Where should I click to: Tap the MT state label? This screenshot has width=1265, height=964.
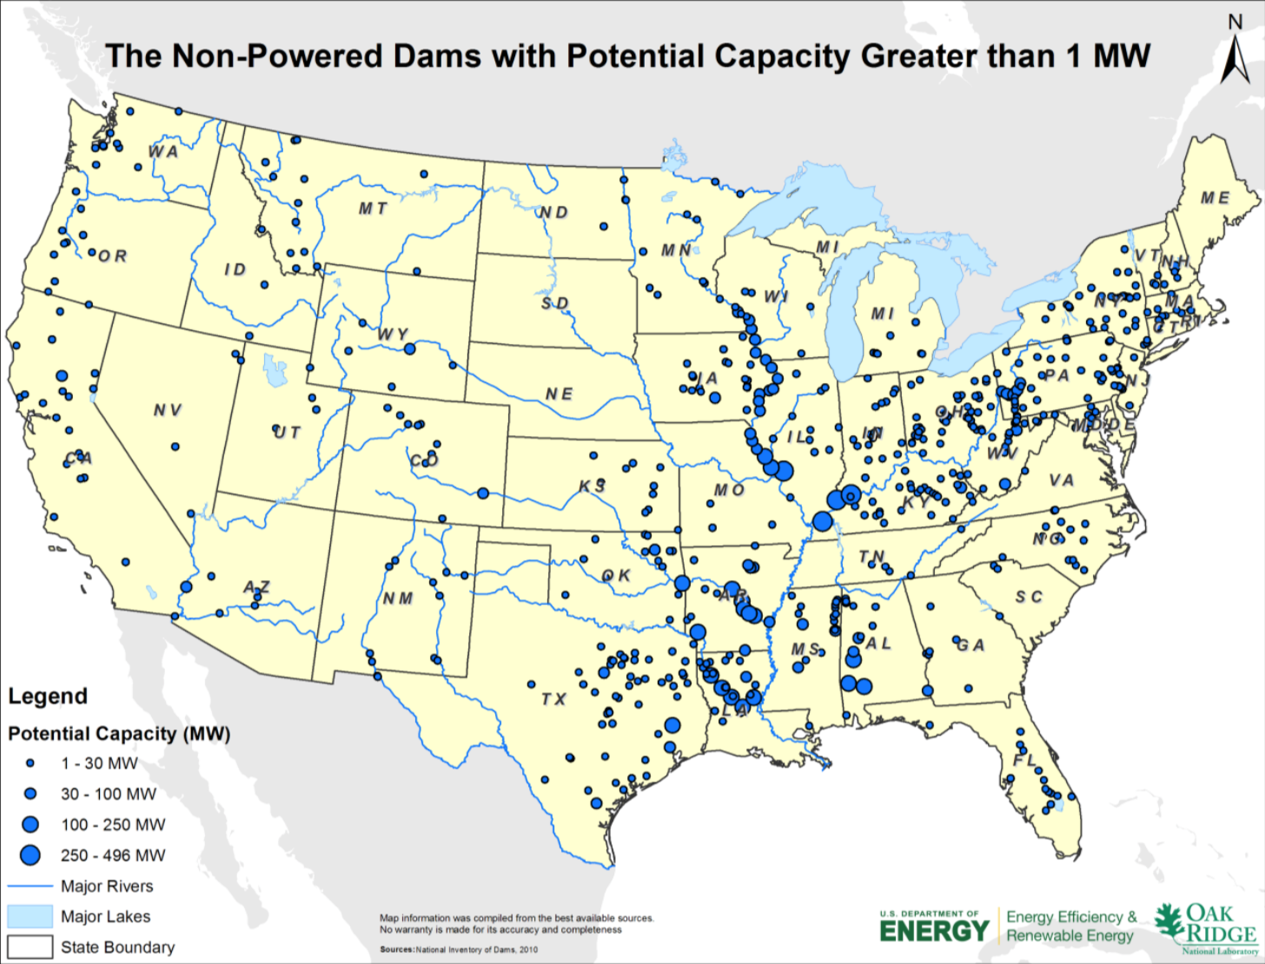(373, 208)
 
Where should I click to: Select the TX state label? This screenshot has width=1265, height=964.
(553, 699)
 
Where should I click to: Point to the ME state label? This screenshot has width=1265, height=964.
(1215, 198)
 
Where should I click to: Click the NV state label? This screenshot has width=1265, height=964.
(168, 410)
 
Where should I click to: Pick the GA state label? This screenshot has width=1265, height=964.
(970, 645)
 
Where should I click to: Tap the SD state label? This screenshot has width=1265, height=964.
(555, 303)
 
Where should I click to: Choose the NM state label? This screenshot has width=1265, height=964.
(398, 598)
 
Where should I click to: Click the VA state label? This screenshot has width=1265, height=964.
(1061, 480)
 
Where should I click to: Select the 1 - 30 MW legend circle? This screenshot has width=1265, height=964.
(30, 763)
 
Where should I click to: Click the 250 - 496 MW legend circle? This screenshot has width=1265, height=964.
(30, 855)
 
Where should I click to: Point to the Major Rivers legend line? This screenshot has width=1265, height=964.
(30, 887)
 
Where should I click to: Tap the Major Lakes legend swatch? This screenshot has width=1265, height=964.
(30, 917)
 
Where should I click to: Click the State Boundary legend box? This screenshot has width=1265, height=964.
(30, 947)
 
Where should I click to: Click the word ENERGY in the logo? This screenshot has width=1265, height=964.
(934, 932)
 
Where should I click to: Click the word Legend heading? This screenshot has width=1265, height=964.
(48, 697)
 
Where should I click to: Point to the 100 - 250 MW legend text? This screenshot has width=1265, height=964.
(113, 825)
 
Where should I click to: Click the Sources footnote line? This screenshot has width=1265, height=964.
(459, 949)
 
